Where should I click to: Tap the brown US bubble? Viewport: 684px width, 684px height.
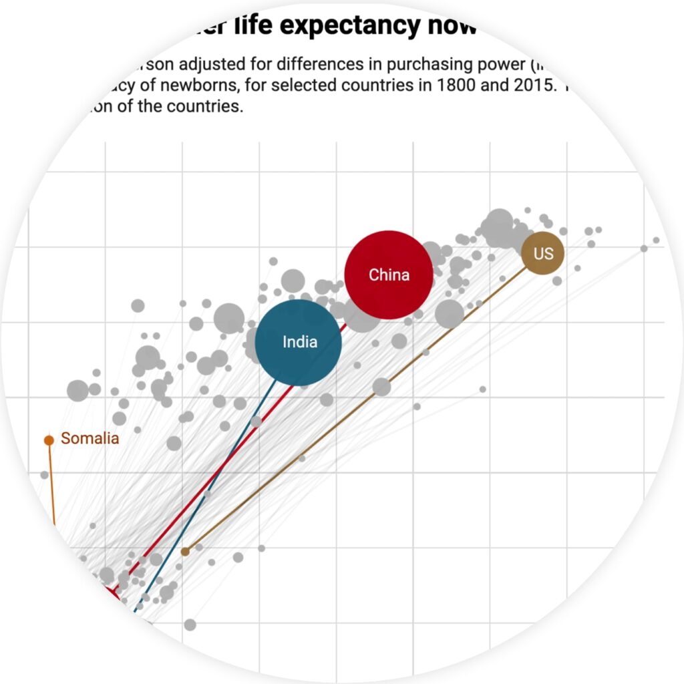(542, 253)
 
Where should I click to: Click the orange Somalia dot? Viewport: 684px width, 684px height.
(49, 440)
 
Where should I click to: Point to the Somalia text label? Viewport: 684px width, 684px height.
(90, 438)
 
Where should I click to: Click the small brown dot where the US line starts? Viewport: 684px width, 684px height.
(185, 551)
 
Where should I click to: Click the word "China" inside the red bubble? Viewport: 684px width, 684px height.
(389, 275)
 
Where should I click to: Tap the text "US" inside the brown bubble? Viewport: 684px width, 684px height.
(543, 253)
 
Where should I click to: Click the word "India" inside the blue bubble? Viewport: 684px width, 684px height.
(300, 342)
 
